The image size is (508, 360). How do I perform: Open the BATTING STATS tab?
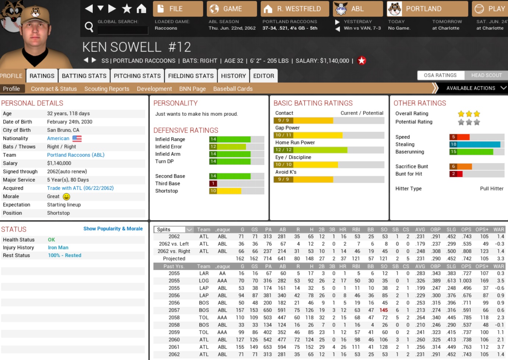pos(84,76)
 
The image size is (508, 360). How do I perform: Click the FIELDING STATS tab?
pos(191,76)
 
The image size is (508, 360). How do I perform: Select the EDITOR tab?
pos(264,76)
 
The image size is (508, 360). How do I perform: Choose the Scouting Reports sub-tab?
pos(107,89)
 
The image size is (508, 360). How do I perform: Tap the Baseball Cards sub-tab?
pos(233,89)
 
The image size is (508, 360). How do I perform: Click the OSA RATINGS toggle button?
pos(440,75)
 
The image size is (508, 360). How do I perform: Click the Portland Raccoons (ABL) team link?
pos(75,155)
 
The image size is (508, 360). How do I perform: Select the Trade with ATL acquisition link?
pos(80,188)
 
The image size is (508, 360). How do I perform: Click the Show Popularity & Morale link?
pos(113,229)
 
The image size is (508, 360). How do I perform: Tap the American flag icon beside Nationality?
pos(77,139)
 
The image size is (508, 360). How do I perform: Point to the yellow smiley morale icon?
pos(66,197)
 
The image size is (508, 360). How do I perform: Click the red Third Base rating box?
pos(213,184)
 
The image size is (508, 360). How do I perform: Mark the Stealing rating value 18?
pos(454,144)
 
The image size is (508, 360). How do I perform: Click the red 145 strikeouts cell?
pos(384,310)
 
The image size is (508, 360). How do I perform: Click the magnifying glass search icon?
pos(89,27)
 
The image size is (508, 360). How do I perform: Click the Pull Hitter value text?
pos(491,189)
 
